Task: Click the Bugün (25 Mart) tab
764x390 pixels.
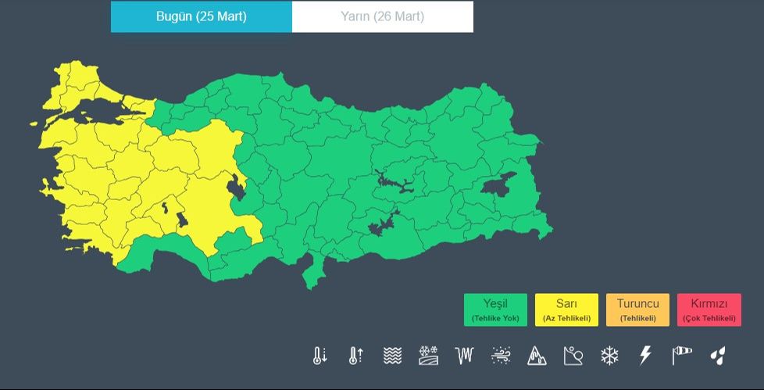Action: click(202, 16)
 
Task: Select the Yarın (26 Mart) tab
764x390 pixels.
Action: click(383, 16)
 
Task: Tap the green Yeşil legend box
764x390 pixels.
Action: click(495, 309)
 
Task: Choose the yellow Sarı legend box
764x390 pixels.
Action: click(566, 309)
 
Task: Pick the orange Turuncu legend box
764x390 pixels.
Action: click(637, 309)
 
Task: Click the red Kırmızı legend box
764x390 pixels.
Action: click(709, 309)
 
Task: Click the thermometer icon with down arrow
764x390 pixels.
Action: click(320, 356)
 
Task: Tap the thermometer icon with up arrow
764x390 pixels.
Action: click(355, 356)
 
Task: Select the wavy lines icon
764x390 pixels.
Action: click(392, 356)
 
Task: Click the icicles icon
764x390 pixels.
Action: click(465, 356)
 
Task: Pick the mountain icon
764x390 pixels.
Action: click(537, 356)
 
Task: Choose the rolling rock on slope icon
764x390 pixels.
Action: click(573, 356)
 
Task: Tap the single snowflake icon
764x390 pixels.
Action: click(609, 356)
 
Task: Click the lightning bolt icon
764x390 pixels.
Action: click(645, 356)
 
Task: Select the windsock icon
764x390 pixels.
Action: click(682, 356)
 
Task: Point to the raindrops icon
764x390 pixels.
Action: click(718, 356)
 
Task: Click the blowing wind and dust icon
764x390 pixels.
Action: click(501, 356)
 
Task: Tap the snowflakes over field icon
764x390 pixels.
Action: click(428, 356)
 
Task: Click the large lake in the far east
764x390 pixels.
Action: click(498, 186)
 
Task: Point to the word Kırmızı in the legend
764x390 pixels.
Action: click(709, 303)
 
